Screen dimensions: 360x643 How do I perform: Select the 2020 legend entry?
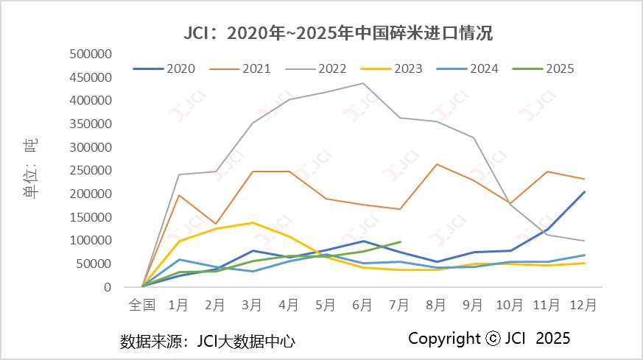165,68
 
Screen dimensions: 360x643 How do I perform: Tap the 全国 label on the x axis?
141,303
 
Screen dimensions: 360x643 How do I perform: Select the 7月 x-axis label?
399,303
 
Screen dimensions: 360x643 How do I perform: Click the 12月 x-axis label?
584,303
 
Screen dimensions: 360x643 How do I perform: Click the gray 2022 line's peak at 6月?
362,83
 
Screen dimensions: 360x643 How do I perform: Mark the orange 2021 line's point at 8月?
437,164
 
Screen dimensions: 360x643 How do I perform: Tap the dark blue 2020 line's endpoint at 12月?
584,192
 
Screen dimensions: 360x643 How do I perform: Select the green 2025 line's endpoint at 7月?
400,241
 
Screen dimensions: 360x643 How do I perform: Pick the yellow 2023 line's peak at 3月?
252,222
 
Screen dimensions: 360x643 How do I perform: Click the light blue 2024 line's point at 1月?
178,259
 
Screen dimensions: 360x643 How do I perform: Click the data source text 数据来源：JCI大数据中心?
208,341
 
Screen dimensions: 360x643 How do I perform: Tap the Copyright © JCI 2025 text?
489,339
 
